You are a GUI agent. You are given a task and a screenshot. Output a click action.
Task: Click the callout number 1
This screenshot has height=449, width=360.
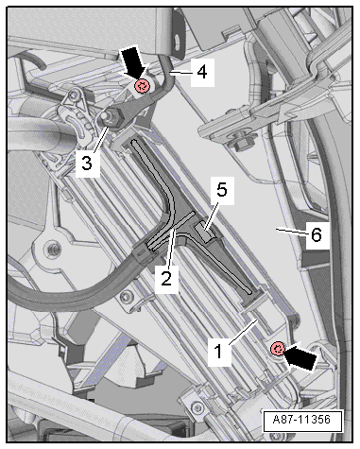click(x=218, y=351)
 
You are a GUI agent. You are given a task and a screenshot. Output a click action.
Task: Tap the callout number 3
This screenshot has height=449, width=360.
click(x=87, y=163)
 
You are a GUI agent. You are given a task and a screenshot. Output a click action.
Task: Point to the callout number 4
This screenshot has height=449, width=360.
click(x=202, y=72)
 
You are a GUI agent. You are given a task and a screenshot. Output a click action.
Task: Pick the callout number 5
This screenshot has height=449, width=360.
click(x=222, y=190)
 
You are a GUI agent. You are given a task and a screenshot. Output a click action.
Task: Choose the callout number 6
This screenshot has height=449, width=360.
click(x=317, y=234)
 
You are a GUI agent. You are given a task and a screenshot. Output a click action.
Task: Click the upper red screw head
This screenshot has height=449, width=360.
click(x=142, y=86)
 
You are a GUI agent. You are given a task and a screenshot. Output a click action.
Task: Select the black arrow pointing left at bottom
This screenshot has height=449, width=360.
click(x=300, y=357)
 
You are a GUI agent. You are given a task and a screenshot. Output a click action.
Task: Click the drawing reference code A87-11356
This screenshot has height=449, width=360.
click(x=301, y=420)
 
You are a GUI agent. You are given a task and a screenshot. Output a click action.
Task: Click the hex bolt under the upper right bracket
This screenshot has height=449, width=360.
click(x=242, y=144)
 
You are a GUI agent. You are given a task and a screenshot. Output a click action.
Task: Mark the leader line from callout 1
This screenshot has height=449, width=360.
click(x=244, y=331)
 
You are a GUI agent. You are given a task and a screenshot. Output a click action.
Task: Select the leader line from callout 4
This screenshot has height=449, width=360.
click(x=182, y=73)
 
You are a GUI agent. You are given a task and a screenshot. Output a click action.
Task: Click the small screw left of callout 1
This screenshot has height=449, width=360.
click(x=127, y=297)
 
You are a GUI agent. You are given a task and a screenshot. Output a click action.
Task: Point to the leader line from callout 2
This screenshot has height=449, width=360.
click(x=170, y=248)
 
